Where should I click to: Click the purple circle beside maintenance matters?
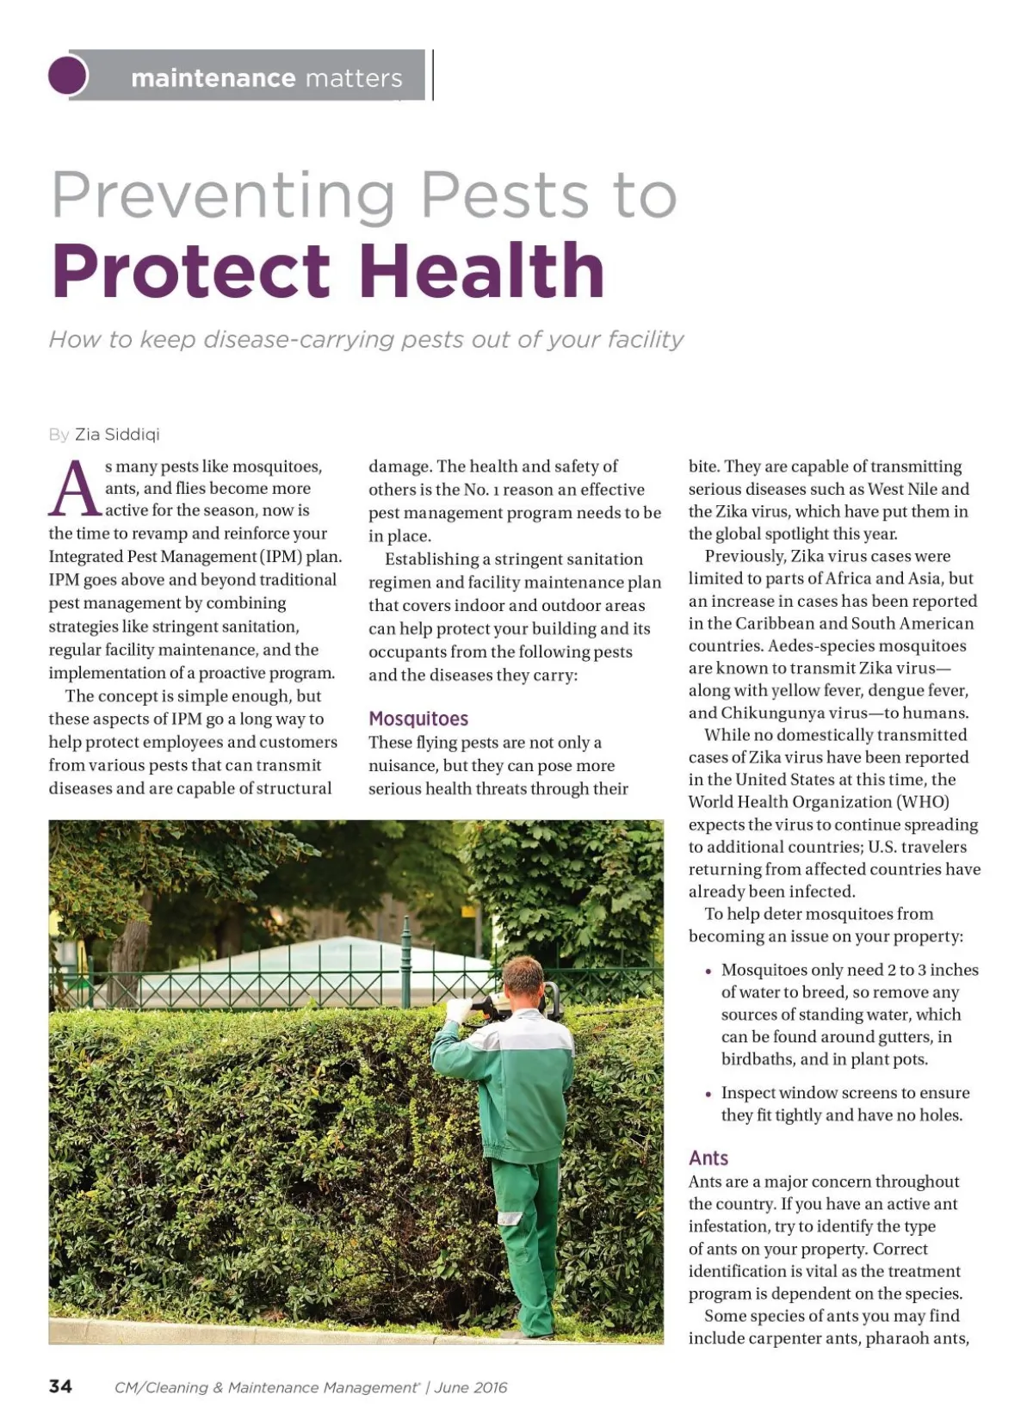(68, 75)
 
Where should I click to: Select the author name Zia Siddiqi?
(117, 435)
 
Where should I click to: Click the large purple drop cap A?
(75, 490)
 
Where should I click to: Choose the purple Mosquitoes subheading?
(418, 719)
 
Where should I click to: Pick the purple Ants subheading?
(708, 1158)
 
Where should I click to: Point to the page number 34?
(61, 1386)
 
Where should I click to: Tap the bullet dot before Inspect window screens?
(708, 1095)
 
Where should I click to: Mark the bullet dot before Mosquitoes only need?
(708, 972)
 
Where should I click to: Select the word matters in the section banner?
(354, 78)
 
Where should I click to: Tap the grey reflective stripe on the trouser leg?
(510, 1218)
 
